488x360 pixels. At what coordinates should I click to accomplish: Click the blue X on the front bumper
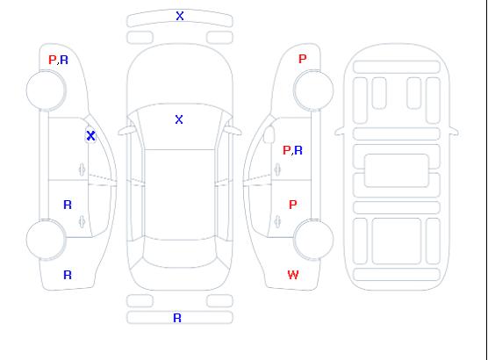tap(180, 16)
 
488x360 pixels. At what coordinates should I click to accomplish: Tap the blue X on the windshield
tap(179, 119)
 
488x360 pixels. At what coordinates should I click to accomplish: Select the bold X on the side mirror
tap(90, 135)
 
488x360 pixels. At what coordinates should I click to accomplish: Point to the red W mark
tap(293, 275)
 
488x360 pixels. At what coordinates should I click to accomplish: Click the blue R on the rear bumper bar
tap(177, 318)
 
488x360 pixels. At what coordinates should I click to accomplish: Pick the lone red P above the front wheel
tap(302, 59)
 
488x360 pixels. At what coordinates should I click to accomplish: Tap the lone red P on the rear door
tap(292, 205)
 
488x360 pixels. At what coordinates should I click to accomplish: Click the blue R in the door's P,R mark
tap(298, 150)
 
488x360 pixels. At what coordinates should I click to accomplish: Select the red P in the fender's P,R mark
tap(53, 60)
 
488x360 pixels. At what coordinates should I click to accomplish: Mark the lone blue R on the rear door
tap(68, 205)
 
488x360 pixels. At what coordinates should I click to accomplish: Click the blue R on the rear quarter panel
tap(68, 275)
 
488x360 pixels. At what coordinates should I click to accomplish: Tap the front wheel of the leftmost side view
tap(46, 90)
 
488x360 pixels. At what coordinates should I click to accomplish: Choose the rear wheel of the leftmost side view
tap(46, 240)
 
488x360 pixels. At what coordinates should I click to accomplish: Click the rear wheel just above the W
tap(313, 239)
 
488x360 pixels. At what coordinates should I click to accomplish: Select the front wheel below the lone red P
tap(313, 90)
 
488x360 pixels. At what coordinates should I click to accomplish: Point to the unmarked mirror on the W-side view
tap(269, 134)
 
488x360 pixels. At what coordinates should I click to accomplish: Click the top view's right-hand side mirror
tap(233, 131)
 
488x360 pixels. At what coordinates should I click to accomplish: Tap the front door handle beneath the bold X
tap(82, 169)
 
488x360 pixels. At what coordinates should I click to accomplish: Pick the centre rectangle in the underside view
tap(397, 170)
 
